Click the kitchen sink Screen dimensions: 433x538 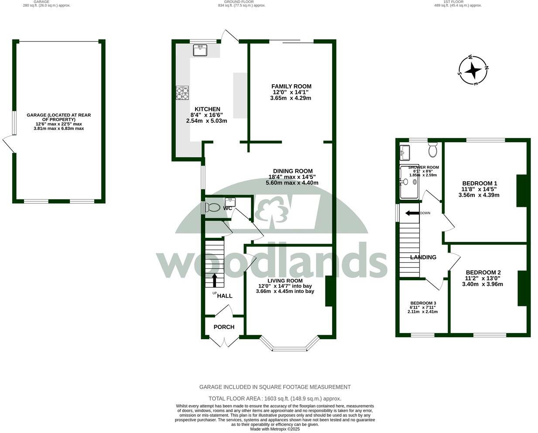200,50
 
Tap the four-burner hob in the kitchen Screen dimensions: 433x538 182,93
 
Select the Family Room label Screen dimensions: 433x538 291,86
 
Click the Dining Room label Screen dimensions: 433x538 292,171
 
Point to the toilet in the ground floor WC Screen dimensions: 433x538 213,207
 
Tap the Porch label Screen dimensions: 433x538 224,327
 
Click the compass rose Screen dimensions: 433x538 473,70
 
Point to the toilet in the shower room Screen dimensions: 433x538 433,150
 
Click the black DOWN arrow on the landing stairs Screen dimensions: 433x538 411,213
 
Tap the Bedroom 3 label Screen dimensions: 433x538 423,303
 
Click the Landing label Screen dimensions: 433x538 423,257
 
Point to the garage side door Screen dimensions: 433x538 9,144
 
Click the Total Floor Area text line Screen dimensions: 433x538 275,399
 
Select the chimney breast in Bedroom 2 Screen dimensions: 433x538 521,289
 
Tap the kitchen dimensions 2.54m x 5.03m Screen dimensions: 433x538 206,121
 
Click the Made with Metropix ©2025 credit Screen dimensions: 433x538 275,429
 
